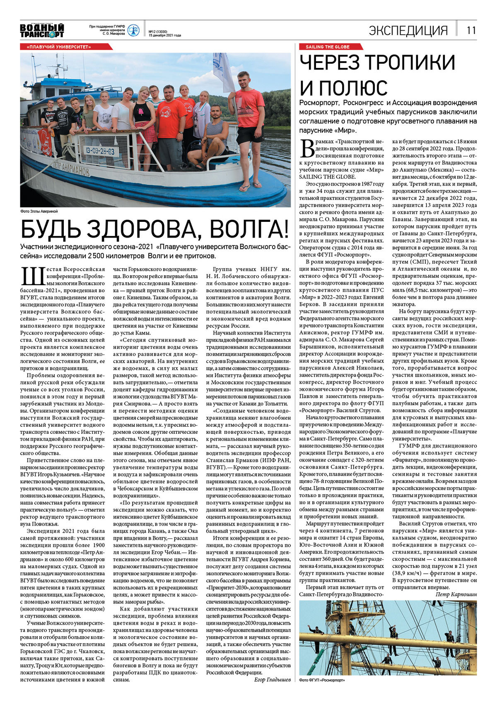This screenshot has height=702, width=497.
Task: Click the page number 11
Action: pyautogui.click(x=471, y=30)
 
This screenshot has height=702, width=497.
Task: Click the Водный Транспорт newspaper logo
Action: pyautogui.click(x=42, y=31)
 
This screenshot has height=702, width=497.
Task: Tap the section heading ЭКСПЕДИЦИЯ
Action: pyautogui.click(x=408, y=30)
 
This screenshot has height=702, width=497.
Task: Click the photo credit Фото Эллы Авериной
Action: pyautogui.click(x=39, y=212)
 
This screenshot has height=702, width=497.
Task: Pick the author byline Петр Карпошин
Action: pyautogui.click(x=456, y=594)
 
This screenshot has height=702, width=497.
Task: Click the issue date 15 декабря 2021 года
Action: pyautogui.click(x=165, y=35)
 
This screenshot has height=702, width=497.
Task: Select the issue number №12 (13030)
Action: pyautogui.click(x=158, y=31)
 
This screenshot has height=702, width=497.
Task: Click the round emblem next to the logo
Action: pyautogui.click(x=133, y=30)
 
